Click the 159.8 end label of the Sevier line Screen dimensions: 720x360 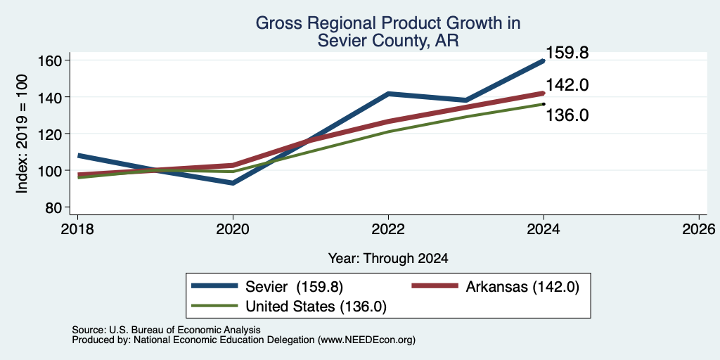click(567, 53)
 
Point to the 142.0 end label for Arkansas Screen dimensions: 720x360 click(567, 85)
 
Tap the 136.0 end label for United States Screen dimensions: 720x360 click(567, 115)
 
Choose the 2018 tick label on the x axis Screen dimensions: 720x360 click(77, 229)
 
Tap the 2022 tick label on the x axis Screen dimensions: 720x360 click(388, 229)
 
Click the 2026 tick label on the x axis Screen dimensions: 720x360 click(699, 229)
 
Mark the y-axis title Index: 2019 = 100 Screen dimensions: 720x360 click(22, 134)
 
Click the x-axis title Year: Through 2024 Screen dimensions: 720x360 click(388, 259)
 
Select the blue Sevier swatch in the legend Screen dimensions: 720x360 click(215, 286)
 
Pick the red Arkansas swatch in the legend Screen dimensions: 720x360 click(435, 286)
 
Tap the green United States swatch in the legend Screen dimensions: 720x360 click(215, 306)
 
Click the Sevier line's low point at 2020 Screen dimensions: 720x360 click(233, 183)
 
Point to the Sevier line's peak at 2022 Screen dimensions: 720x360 click(388, 94)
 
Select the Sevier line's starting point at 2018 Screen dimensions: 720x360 click(78, 155)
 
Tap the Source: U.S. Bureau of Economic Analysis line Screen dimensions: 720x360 click(166, 330)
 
